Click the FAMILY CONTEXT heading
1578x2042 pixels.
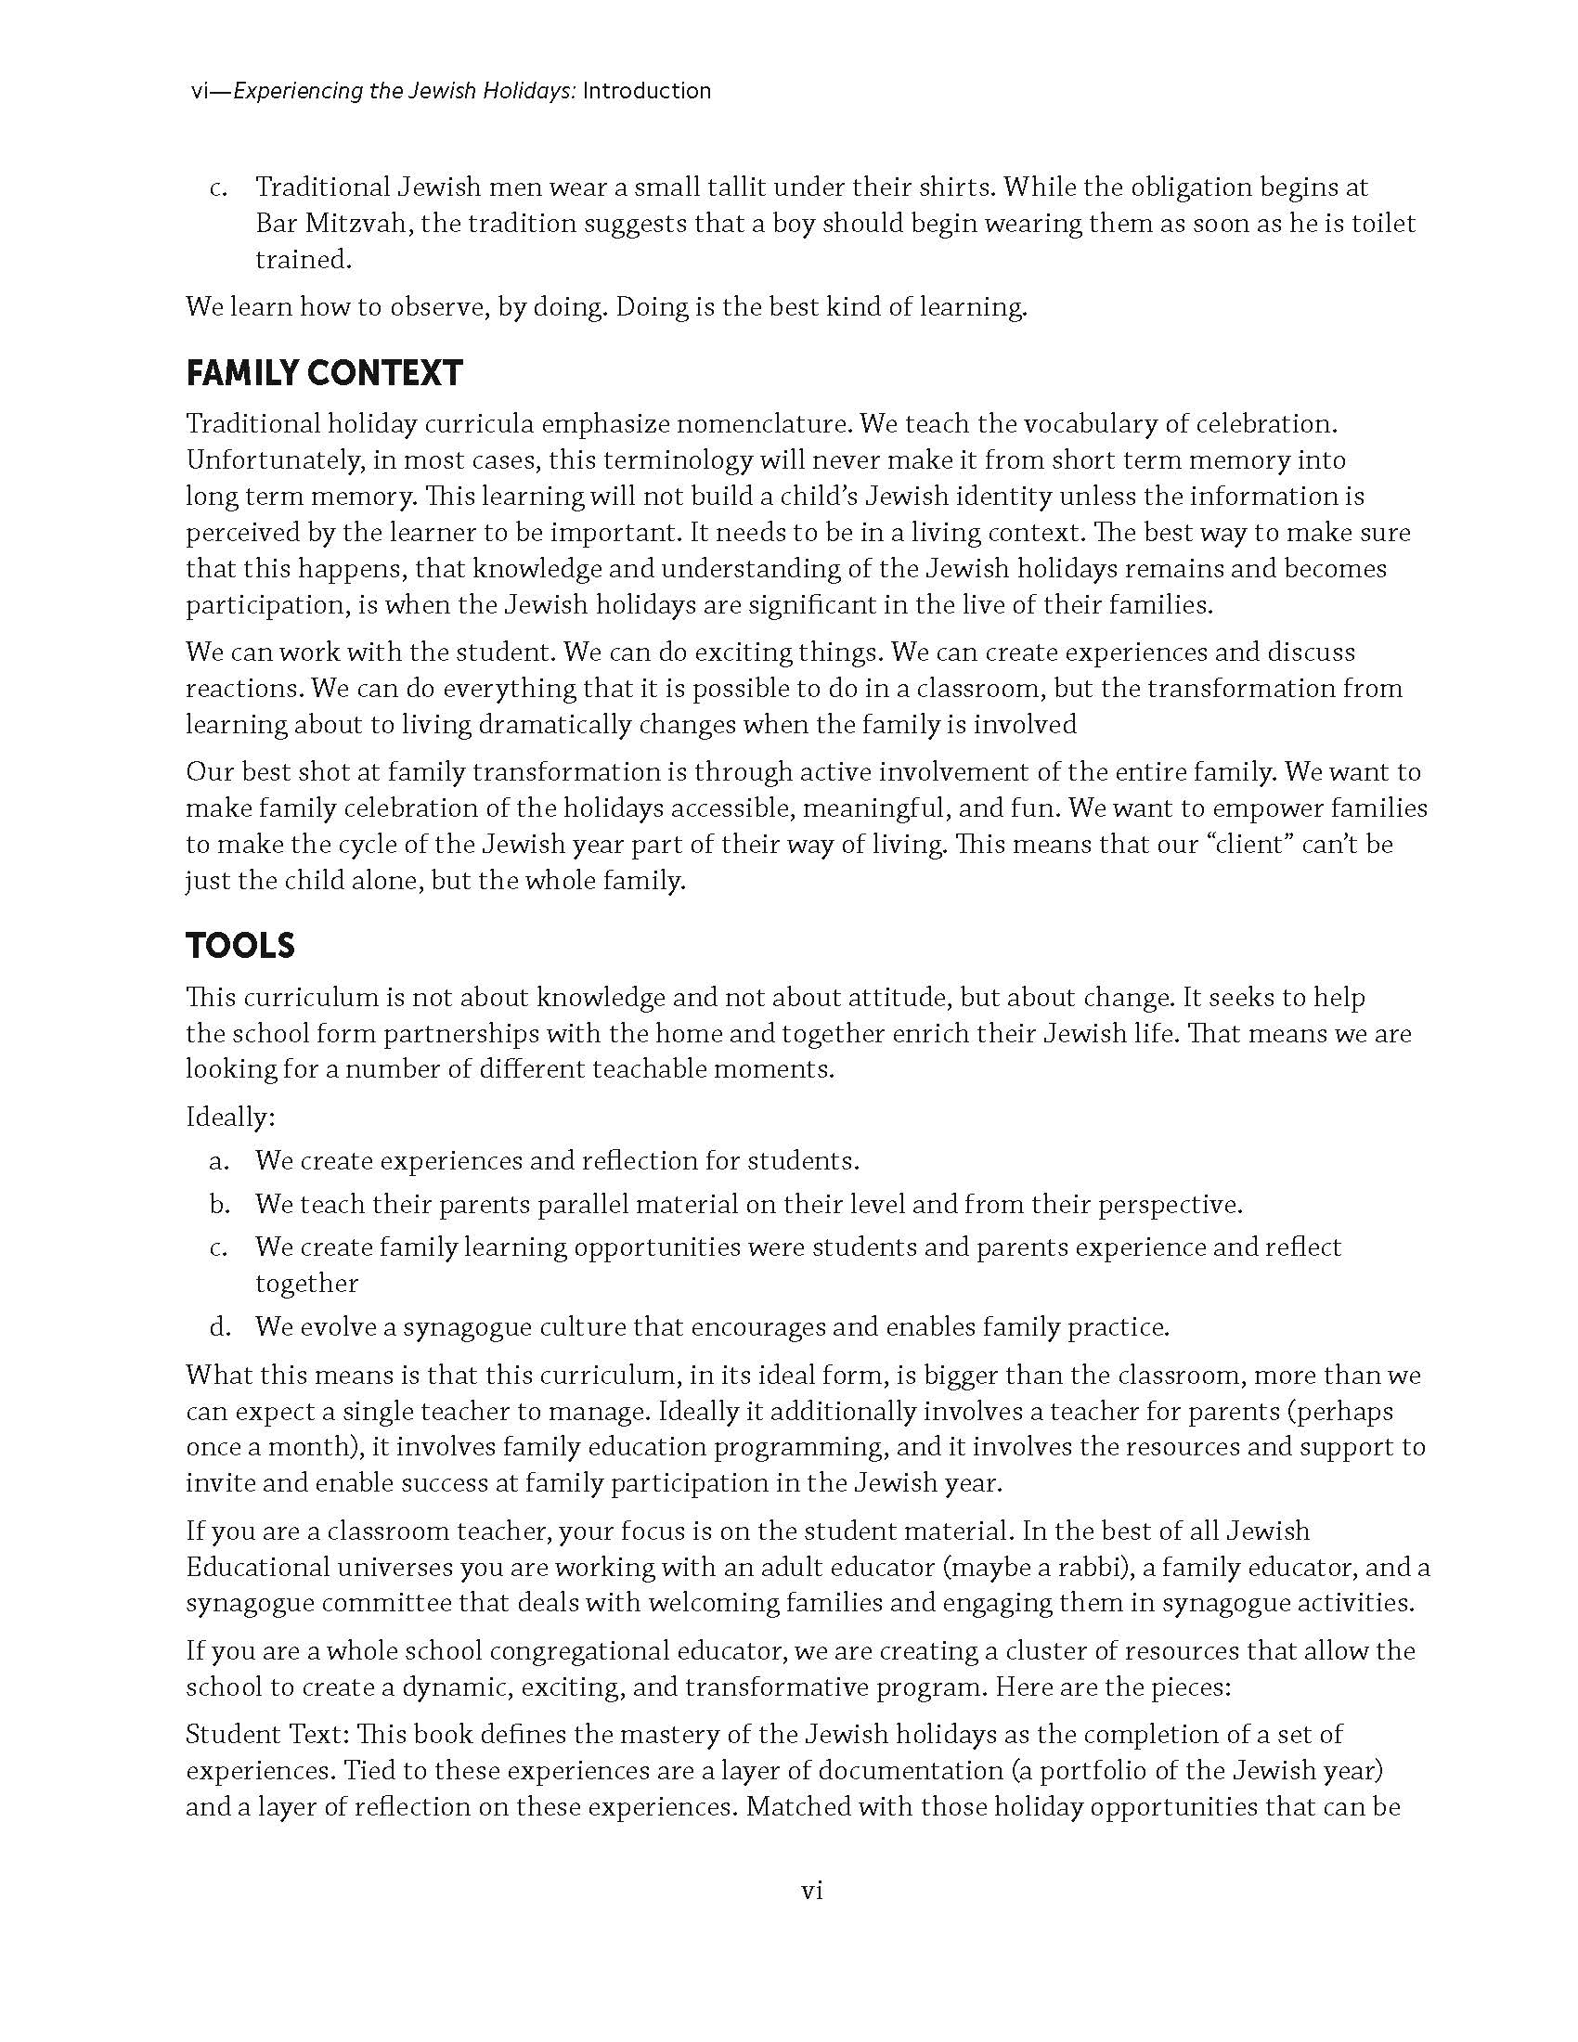(x=323, y=373)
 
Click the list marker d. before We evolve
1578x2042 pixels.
(x=220, y=1326)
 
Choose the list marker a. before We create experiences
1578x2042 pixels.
(x=220, y=1161)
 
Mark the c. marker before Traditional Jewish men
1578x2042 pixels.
(x=219, y=187)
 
